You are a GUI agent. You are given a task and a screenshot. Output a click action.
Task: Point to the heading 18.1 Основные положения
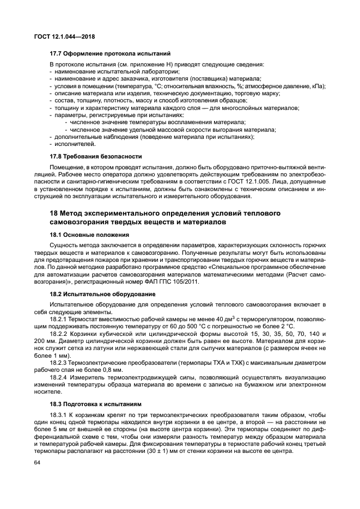pyautogui.click(x=89, y=235)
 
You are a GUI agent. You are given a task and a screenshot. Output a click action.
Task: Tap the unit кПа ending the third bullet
pyautogui.click(x=317, y=87)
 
